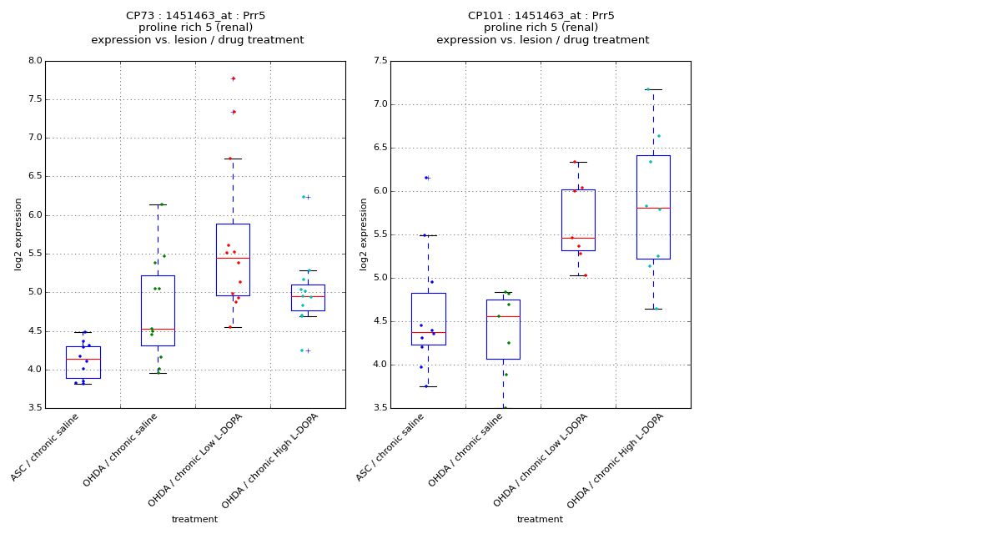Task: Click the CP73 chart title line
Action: pyautogui.click(x=196, y=16)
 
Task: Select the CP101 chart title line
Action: pyautogui.click(x=541, y=16)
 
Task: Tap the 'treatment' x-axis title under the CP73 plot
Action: pyautogui.click(x=194, y=520)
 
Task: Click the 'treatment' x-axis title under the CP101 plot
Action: pyautogui.click(x=540, y=520)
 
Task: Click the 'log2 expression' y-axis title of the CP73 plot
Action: pyautogui.click(x=18, y=234)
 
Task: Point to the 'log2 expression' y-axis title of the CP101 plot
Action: pyautogui.click(x=364, y=234)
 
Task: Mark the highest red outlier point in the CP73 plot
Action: pyautogui.click(x=233, y=78)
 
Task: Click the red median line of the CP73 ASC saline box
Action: pyautogui.click(x=83, y=359)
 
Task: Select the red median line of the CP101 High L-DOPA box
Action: pyautogui.click(x=653, y=208)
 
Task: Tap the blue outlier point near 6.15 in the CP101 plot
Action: pyautogui.click(x=425, y=178)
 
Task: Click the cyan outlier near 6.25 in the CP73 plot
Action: pyautogui.click(x=304, y=197)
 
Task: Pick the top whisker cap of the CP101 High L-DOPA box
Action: pyautogui.click(x=653, y=89)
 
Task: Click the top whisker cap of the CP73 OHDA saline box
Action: pyautogui.click(x=158, y=204)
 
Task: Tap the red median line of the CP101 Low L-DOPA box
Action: pyautogui.click(x=578, y=238)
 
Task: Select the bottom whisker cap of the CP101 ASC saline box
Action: pyautogui.click(x=428, y=386)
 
